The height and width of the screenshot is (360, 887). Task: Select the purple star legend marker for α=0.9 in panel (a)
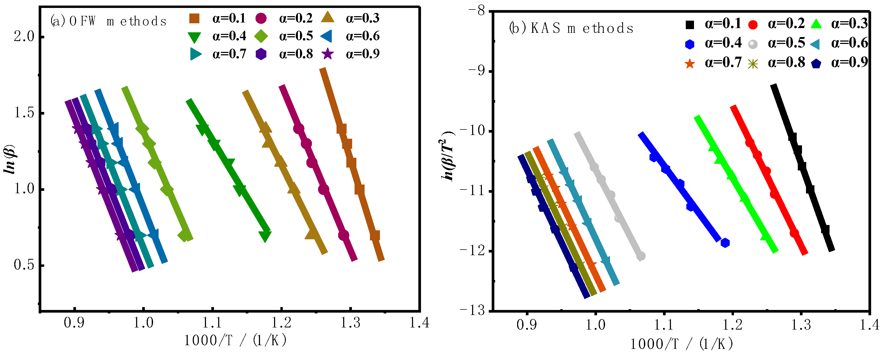(328, 54)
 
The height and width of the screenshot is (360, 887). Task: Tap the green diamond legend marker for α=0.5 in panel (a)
(261, 36)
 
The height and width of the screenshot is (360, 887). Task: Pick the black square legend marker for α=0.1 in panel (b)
(690, 24)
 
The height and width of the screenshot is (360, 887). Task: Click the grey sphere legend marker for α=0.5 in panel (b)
(753, 44)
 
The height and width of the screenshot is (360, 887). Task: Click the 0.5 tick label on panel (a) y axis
(24, 265)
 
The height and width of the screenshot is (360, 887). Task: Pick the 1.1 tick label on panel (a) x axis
(212, 322)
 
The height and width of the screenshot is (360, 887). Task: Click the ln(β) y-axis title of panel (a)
(10, 159)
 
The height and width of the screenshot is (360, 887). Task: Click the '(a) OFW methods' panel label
(109, 21)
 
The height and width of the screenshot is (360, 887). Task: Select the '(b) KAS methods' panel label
(571, 28)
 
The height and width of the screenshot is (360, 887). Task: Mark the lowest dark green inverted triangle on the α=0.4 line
(265, 236)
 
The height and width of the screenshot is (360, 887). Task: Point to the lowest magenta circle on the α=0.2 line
(344, 235)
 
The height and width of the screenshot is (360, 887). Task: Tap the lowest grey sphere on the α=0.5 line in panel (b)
(641, 256)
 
